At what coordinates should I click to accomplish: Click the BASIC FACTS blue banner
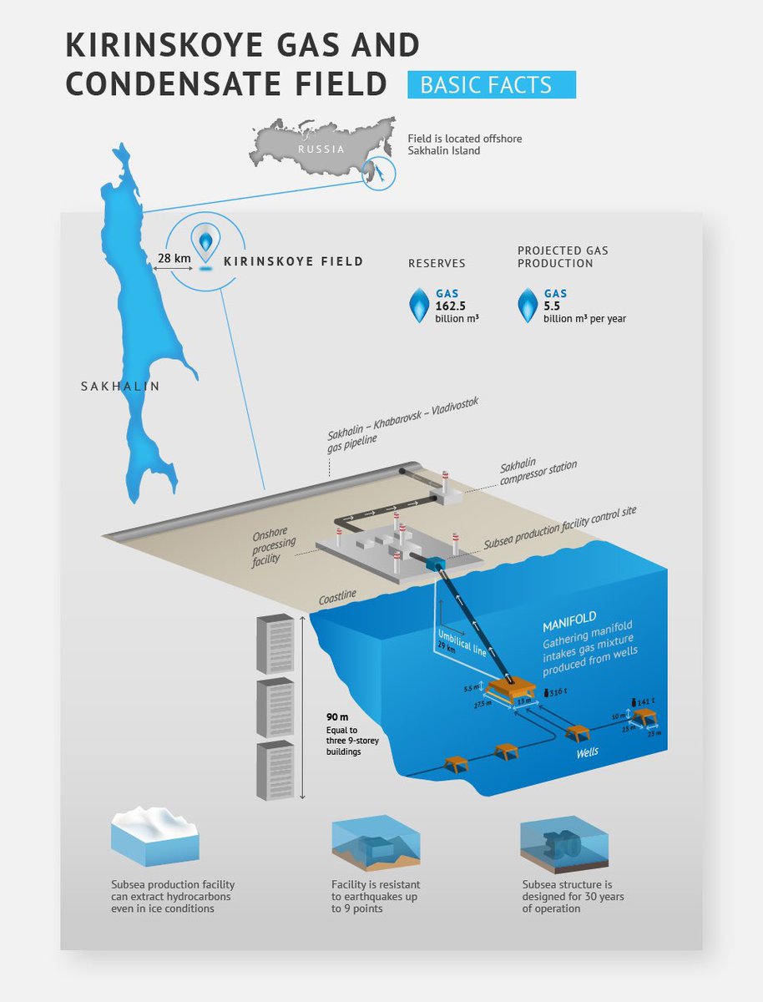pyautogui.click(x=491, y=85)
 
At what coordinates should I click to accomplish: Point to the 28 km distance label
pyautogui.click(x=174, y=259)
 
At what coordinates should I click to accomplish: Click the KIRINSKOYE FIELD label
pyautogui.click(x=294, y=261)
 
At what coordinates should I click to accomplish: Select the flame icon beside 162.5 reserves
pyautogui.click(x=419, y=305)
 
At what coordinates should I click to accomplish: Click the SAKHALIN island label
pyautogui.click(x=119, y=386)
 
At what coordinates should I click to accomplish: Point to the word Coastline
pyautogui.click(x=337, y=596)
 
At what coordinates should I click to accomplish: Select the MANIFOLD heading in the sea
pyautogui.click(x=569, y=620)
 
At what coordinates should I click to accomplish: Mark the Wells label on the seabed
pyautogui.click(x=589, y=752)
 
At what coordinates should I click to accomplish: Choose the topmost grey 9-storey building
pyautogui.click(x=275, y=643)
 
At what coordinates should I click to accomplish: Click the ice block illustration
pyautogui.click(x=154, y=839)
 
